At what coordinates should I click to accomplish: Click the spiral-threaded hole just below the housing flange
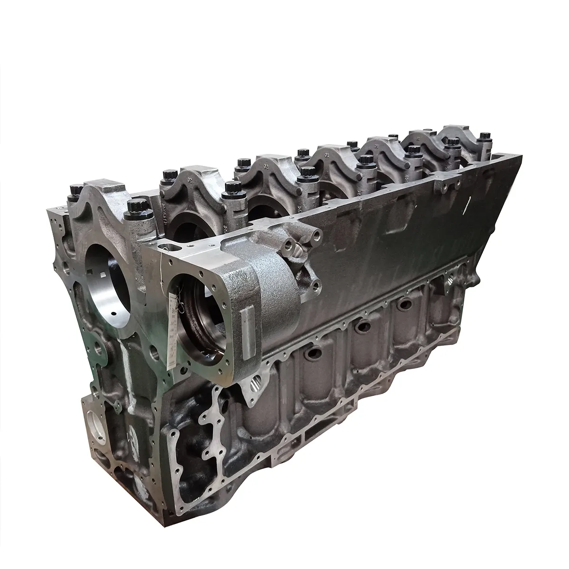pos(256,379)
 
